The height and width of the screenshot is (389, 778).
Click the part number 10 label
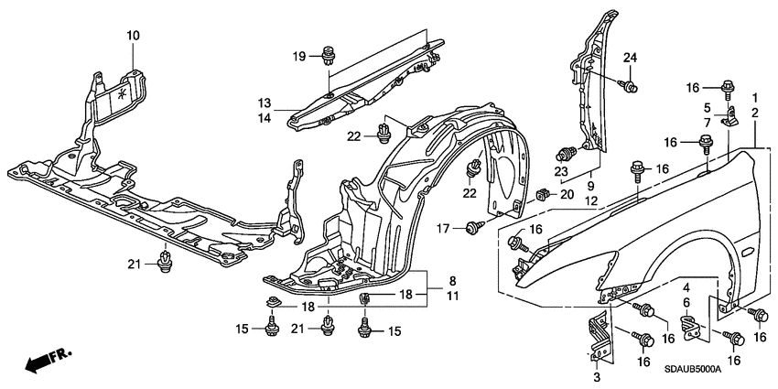[x=133, y=36]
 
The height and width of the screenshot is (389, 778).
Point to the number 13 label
[x=264, y=103]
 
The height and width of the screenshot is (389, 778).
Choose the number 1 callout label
[x=754, y=98]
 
